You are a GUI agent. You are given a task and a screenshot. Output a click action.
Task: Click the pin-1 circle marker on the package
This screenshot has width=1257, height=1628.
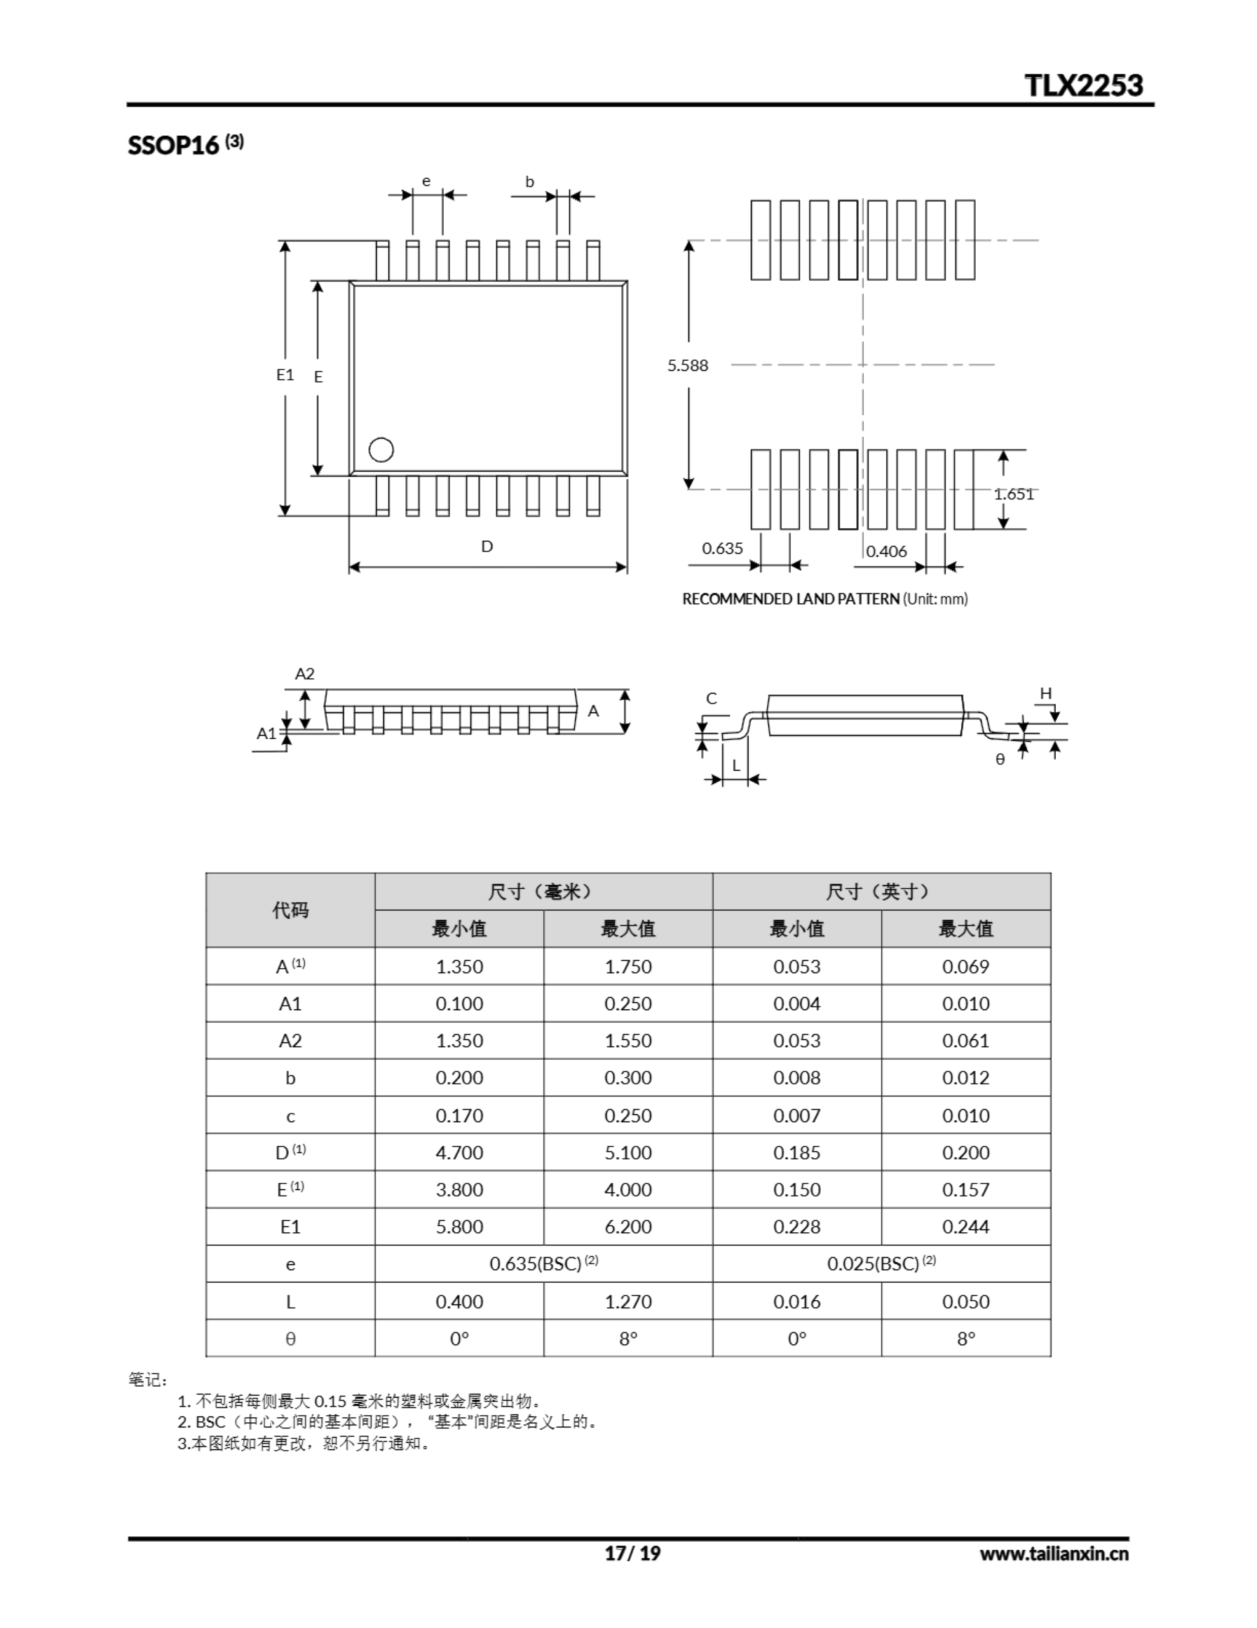[381, 450]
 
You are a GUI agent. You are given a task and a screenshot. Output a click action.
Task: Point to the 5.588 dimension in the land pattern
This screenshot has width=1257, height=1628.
[687, 365]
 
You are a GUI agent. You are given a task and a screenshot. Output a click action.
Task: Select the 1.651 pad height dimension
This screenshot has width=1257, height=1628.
[1014, 493]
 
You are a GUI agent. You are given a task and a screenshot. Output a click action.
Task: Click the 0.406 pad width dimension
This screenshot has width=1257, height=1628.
[886, 551]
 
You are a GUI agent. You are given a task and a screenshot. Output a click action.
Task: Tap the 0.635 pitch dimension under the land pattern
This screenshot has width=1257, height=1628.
[722, 548]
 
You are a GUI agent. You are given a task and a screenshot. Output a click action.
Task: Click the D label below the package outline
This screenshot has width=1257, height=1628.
[487, 546]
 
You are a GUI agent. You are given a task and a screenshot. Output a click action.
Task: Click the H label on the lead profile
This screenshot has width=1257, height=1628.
[1045, 693]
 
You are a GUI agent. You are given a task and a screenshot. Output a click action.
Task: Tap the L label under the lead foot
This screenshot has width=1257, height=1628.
[735, 765]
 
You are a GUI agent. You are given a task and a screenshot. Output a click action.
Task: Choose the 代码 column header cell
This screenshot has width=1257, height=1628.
[290, 909]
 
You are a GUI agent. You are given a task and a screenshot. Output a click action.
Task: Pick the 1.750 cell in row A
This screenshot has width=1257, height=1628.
[627, 966]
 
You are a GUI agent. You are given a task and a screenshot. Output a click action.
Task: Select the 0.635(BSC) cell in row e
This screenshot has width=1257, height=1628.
[543, 1264]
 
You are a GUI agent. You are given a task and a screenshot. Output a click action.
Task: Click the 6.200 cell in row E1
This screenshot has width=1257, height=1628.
[627, 1226]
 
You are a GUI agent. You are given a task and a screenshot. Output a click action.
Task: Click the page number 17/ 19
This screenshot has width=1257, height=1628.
[632, 1554]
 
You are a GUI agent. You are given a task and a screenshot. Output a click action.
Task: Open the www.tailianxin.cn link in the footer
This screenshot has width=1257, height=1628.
[1053, 1554]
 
